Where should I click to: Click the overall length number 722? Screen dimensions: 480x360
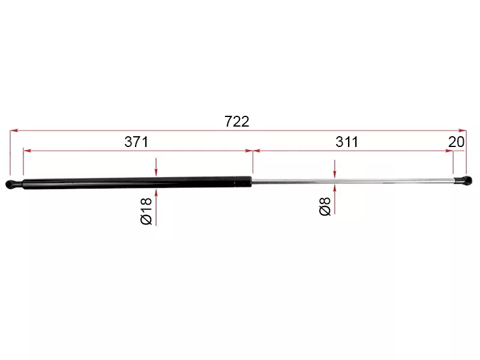[236, 122]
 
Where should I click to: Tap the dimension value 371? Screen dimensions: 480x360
[136, 142]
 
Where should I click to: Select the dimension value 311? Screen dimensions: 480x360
[347, 142]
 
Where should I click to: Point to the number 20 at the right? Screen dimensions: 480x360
[457, 142]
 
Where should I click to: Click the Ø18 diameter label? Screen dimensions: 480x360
[146, 211]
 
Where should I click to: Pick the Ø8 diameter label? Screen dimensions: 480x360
[325, 206]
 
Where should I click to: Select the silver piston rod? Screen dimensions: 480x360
[353, 181]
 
